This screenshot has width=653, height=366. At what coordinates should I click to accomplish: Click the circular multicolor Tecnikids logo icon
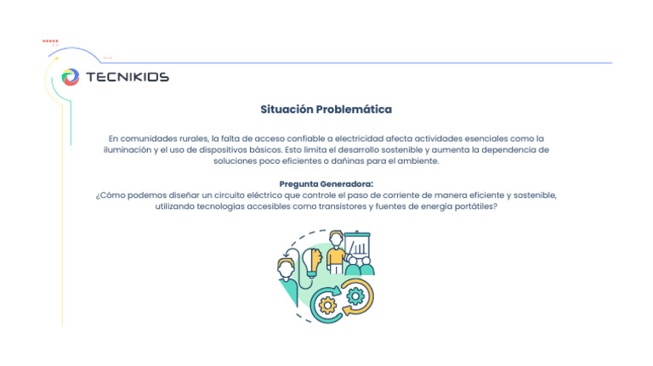pyautogui.click(x=71, y=77)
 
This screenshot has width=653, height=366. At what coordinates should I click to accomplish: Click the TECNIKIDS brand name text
pyautogui.click(x=128, y=77)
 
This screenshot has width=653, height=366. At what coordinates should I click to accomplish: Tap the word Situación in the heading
pyautogui.click(x=287, y=110)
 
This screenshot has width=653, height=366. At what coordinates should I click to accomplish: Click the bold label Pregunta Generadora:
pyautogui.click(x=326, y=184)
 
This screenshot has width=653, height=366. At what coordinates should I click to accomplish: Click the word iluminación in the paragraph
pyautogui.click(x=129, y=149)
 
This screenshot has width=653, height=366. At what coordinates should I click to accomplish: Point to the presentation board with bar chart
pyautogui.click(x=359, y=247)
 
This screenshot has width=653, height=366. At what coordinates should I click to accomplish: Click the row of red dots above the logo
pyautogui.click(x=50, y=41)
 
